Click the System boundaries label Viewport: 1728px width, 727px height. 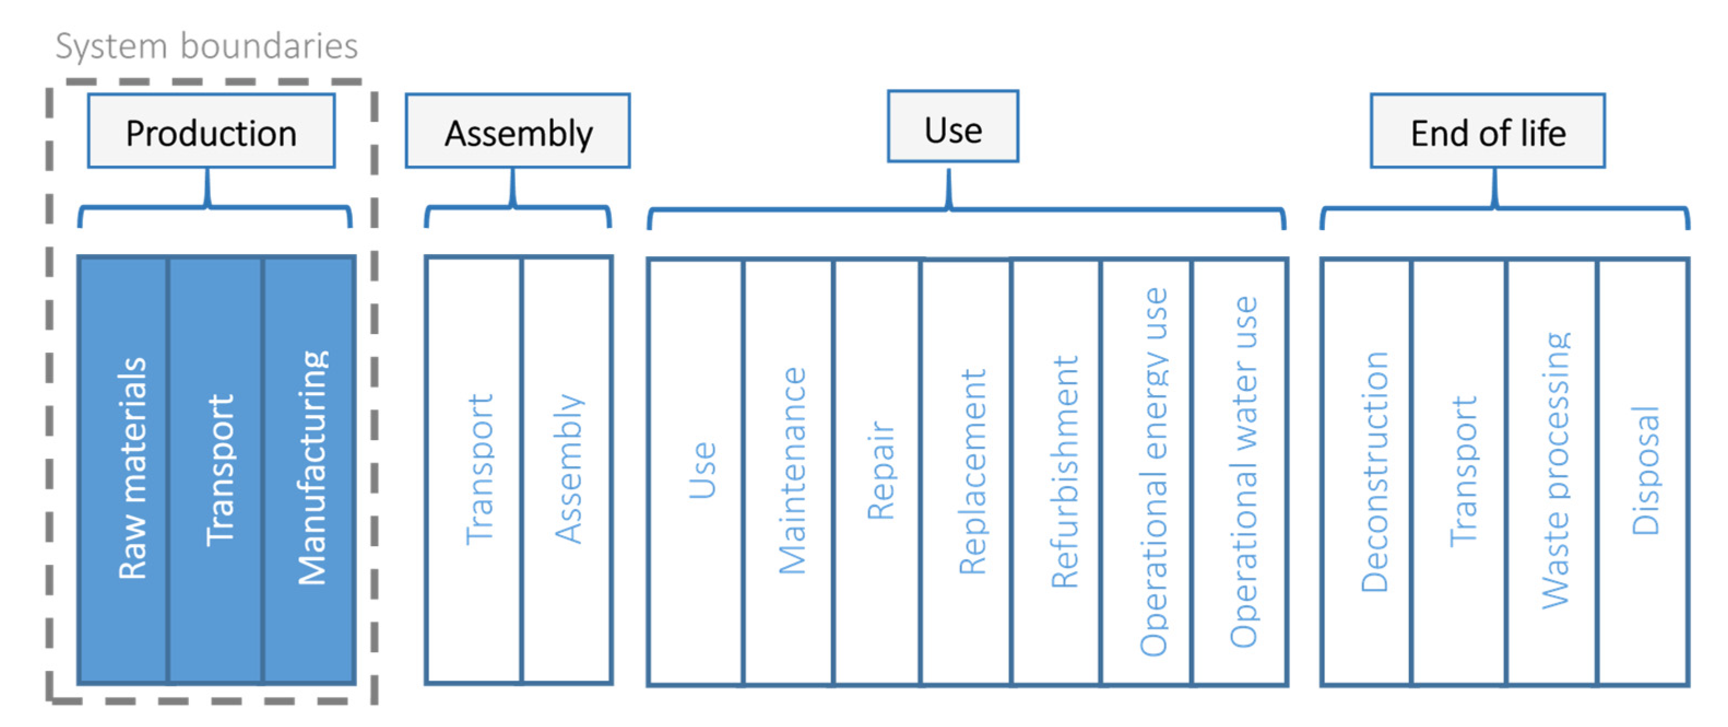point(206,46)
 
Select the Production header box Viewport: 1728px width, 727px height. point(211,132)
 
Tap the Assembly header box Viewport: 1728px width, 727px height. point(518,132)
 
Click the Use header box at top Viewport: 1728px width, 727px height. point(952,127)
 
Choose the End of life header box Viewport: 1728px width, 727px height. point(1487,132)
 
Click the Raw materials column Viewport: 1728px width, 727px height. point(124,470)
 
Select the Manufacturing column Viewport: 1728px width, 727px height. point(309,470)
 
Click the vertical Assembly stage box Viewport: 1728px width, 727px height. point(567,470)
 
